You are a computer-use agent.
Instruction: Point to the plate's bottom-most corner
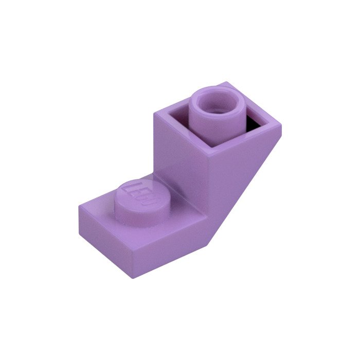(133, 279)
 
